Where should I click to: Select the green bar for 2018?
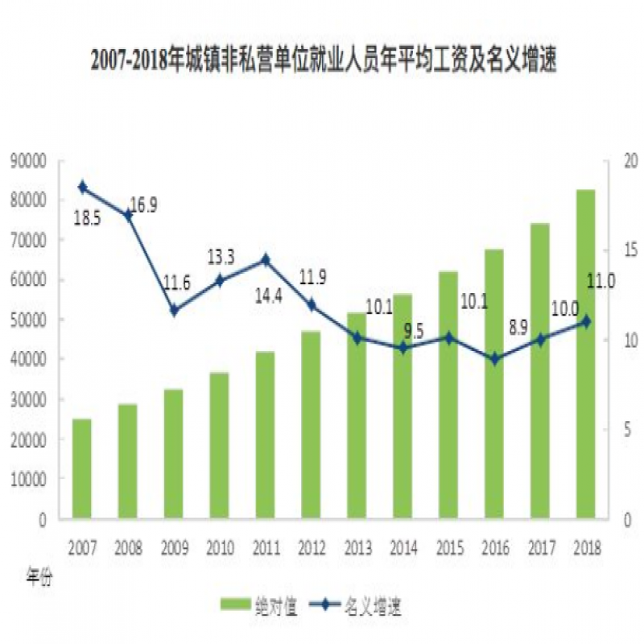tap(585, 354)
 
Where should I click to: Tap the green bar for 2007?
tap(81, 469)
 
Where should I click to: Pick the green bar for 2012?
tap(311, 424)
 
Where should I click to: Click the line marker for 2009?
tap(173, 310)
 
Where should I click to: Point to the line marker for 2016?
tap(494, 359)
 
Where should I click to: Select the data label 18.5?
tap(87, 218)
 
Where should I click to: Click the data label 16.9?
tap(143, 205)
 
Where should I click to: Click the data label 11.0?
tap(601, 280)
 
